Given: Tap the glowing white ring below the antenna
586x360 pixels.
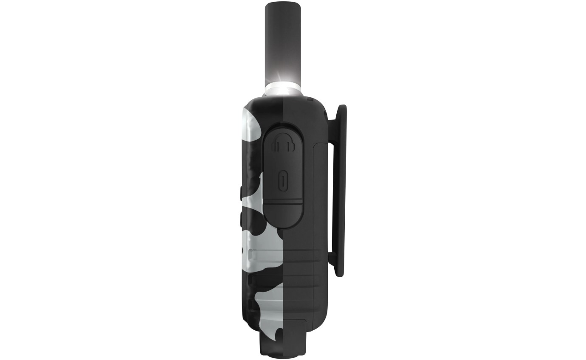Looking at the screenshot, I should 283,90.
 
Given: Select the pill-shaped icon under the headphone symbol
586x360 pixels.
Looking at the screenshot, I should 283,181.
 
